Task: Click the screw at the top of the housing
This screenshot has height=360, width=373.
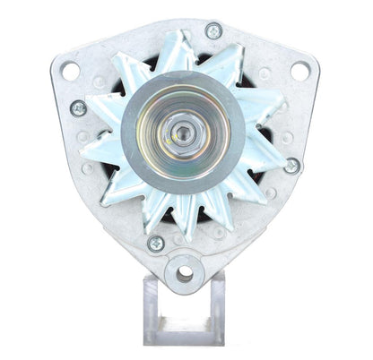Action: pyautogui.click(x=213, y=31)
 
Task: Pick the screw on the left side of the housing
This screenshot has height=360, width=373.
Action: pyautogui.click(x=78, y=108)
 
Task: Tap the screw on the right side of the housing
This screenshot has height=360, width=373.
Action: pyautogui.click(x=291, y=166)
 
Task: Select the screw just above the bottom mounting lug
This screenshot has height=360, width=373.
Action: pyautogui.click(x=155, y=243)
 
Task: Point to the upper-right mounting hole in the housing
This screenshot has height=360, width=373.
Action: pyautogui.click(x=299, y=69)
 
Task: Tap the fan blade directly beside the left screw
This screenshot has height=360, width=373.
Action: pyautogui.click(x=103, y=116)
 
